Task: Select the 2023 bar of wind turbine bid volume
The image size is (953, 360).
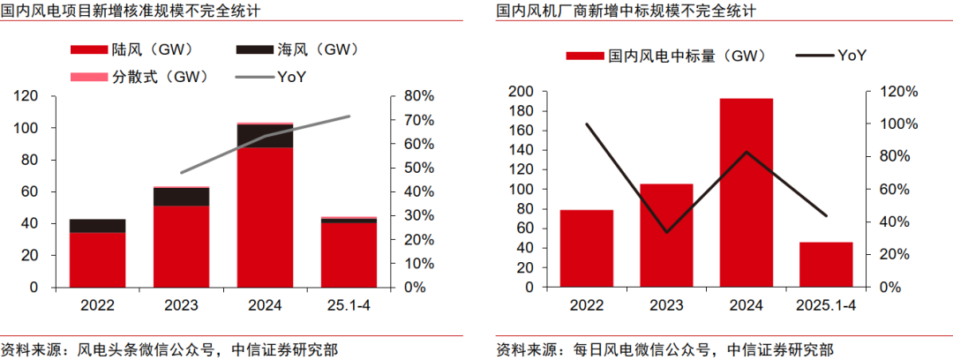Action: pos(665,236)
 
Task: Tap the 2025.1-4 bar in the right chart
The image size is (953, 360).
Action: pos(826,265)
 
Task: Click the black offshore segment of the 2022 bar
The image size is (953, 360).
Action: pos(98,226)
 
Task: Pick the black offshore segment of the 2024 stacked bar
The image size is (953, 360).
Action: pos(265,136)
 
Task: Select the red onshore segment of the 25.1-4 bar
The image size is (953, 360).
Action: pos(348,255)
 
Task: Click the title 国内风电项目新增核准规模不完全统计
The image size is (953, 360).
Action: pos(124,11)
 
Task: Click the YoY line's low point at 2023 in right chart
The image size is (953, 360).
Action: pos(665,232)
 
